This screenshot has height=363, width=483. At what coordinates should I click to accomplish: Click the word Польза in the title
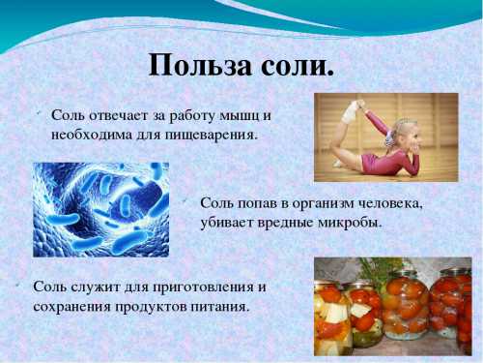(197, 65)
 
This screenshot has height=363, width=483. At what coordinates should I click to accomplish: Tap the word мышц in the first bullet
(241, 115)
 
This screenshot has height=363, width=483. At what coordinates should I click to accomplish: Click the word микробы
(355, 222)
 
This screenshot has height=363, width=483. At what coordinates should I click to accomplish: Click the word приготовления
(206, 287)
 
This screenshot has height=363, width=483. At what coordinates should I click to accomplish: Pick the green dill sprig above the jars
(372, 267)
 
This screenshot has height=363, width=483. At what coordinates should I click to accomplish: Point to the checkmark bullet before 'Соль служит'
(18, 285)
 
